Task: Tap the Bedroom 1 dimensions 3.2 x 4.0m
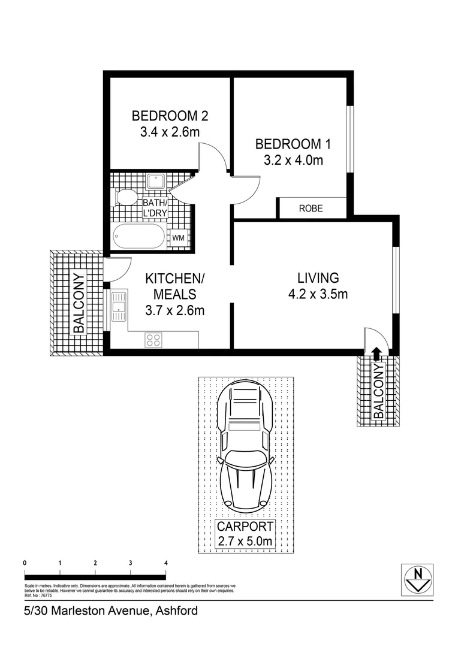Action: click(x=293, y=160)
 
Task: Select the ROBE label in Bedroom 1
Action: click(x=311, y=208)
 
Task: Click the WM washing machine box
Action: click(x=178, y=238)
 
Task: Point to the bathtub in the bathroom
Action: click(x=138, y=237)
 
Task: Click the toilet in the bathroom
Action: click(x=126, y=197)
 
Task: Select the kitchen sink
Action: click(x=119, y=305)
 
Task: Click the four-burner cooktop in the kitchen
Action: click(x=153, y=340)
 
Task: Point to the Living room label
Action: click(x=318, y=278)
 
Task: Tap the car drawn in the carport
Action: click(x=245, y=446)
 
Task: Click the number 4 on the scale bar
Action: click(x=165, y=563)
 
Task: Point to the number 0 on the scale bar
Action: click(x=24, y=563)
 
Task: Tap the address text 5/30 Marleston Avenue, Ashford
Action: click(x=107, y=611)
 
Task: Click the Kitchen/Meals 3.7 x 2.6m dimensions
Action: click(x=175, y=310)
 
